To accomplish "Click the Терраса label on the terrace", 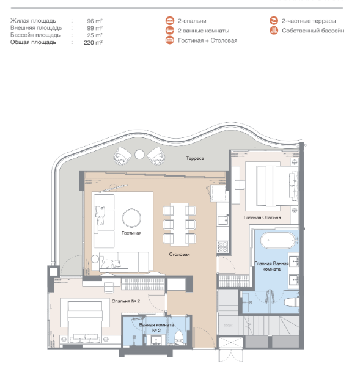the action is (195, 158).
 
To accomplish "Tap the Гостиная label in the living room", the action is (131, 233).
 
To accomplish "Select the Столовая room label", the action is (179, 254).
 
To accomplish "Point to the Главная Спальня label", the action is (262, 217).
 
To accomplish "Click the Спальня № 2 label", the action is (126, 301).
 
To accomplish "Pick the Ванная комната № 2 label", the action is (156, 327).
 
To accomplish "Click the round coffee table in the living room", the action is (131, 218).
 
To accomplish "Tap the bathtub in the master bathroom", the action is (277, 240).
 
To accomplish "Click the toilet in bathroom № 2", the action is (178, 337).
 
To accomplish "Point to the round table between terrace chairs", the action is (139, 155).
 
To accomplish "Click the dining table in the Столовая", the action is (179, 224).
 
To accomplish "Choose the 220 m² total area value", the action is (93, 42).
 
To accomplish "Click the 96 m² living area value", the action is (95, 21).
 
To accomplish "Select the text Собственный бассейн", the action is (313, 31).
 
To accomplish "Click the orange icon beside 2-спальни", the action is (170, 21).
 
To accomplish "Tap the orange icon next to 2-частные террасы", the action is (274, 21).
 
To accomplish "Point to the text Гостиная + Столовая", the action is (208, 40).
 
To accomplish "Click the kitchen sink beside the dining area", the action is (222, 221).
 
